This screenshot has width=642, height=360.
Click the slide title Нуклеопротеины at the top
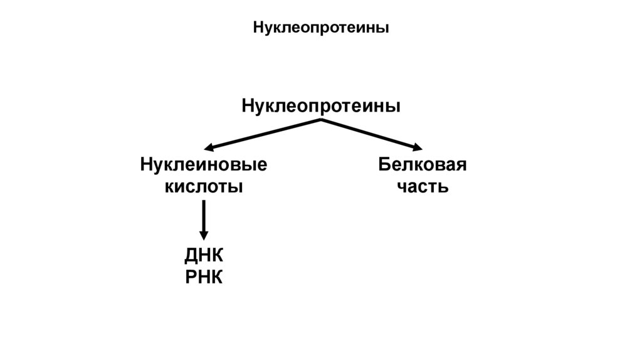pyautogui.click(x=320, y=28)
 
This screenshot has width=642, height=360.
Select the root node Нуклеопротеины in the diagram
pyautogui.click(x=321, y=105)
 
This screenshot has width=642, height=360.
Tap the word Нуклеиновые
pyautogui.click(x=204, y=166)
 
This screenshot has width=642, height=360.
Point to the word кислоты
pyautogui.click(x=204, y=186)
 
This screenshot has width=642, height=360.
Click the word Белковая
pyautogui.click(x=422, y=166)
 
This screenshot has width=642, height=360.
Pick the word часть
pyautogui.click(x=422, y=186)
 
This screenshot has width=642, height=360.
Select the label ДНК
pyautogui.click(x=204, y=257)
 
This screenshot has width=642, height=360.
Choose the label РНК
pyautogui.click(x=204, y=277)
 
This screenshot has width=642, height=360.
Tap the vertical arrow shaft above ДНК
pyautogui.click(x=204, y=216)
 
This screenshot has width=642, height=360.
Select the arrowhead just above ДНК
pyautogui.click(x=204, y=235)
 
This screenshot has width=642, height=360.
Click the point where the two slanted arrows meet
pyautogui.click(x=321, y=119)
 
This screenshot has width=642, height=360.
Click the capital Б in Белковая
pyautogui.click(x=384, y=166)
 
